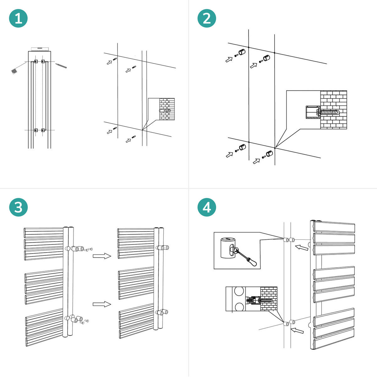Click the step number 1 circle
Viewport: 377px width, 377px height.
click(18, 19)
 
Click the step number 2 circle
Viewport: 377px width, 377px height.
click(207, 19)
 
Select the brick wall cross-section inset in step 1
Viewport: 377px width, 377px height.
click(167, 109)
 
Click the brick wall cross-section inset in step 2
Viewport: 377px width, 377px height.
click(333, 110)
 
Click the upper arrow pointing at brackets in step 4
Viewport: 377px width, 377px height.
click(302, 248)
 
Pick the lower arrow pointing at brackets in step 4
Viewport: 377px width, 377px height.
click(298, 331)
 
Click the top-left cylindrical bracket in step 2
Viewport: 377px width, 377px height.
click(242, 52)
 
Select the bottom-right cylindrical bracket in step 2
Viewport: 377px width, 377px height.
click(269, 154)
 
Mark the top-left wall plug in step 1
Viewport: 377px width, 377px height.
click(115, 59)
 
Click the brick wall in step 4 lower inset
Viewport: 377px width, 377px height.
click(269, 298)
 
